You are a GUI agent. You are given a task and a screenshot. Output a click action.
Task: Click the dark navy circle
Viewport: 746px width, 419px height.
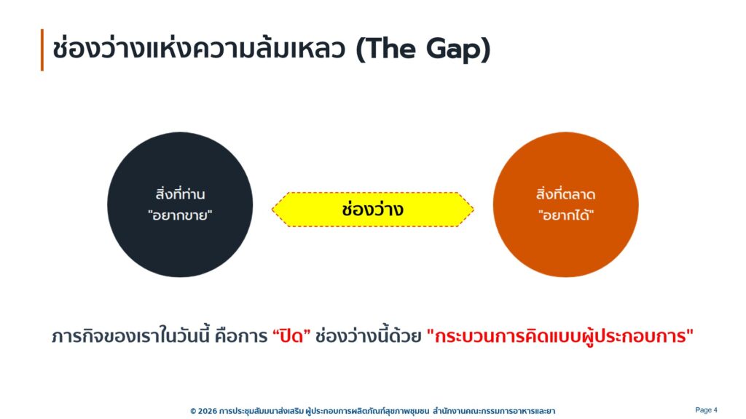180,204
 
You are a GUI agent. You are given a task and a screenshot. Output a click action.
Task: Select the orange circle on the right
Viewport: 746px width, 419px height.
565,204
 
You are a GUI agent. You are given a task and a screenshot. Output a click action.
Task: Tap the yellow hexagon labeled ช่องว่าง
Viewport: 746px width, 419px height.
372,209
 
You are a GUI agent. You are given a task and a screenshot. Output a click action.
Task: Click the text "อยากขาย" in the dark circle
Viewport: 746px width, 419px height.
180,215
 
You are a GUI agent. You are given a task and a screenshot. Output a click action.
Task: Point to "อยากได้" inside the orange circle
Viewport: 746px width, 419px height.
566,215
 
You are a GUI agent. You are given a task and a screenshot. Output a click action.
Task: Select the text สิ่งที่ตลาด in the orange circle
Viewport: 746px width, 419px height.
565,193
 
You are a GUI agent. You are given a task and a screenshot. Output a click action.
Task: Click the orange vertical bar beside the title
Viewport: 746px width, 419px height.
42,50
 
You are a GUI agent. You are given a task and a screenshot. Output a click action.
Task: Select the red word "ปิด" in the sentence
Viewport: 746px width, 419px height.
291,335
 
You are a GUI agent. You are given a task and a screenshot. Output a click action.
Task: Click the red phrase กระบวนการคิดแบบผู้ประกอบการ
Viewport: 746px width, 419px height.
560,336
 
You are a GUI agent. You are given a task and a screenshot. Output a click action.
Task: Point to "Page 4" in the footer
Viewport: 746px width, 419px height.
706,410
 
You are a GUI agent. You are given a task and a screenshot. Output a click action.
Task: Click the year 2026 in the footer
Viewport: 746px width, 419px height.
207,410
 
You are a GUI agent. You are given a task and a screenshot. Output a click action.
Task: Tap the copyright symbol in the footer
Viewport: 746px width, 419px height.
192,411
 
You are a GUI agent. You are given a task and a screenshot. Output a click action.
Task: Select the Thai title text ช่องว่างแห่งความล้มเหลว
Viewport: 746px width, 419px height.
198,49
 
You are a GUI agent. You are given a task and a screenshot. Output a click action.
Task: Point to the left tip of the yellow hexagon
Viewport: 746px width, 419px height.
272,209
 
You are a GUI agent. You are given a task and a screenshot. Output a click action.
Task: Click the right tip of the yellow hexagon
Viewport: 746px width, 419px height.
474,209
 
